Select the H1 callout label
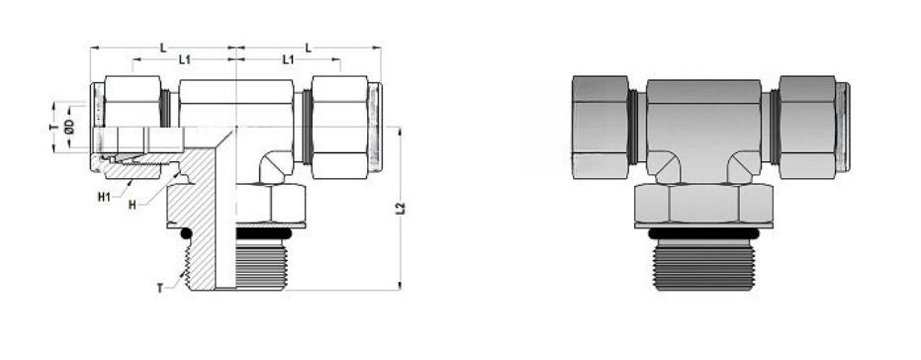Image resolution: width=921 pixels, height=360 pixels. pyautogui.click(x=103, y=195)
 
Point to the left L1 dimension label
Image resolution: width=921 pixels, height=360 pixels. pyautogui.click(x=185, y=60)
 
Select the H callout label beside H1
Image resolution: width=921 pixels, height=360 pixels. pyautogui.click(x=132, y=204)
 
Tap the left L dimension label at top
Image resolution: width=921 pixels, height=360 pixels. pyautogui.click(x=161, y=46)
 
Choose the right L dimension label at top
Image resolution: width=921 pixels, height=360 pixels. pyautogui.click(x=310, y=46)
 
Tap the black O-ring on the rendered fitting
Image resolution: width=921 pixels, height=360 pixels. pyautogui.click(x=703, y=233)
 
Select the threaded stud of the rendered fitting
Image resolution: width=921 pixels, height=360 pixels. pyautogui.click(x=703, y=264)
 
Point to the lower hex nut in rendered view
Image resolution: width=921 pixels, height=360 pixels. pyautogui.click(x=703, y=207)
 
